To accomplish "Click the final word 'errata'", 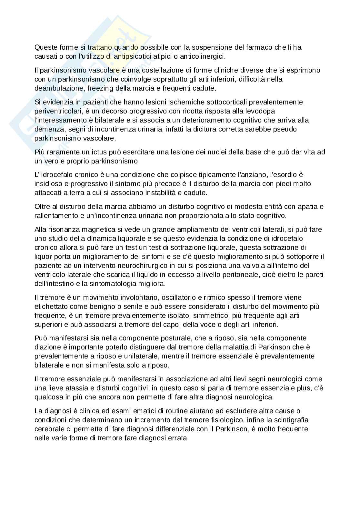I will [x=179, y=438].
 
